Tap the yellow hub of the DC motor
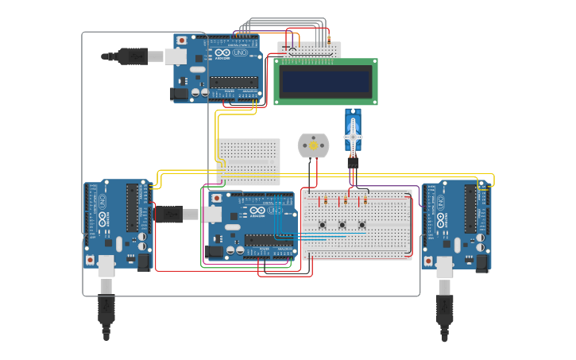(x=313, y=145)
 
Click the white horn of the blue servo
(x=353, y=137)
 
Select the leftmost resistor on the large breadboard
(x=325, y=200)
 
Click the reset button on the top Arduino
(x=182, y=40)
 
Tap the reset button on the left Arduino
(x=91, y=259)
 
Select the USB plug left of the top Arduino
(x=127, y=56)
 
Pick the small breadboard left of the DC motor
(x=249, y=161)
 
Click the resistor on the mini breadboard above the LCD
(x=328, y=37)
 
